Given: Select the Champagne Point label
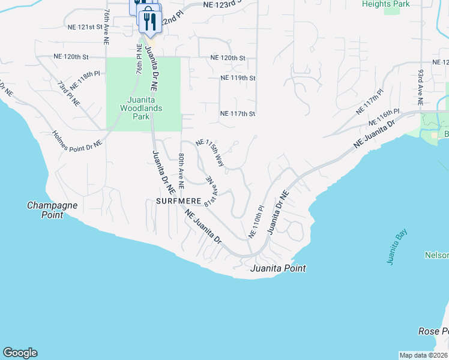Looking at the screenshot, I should tap(45, 210).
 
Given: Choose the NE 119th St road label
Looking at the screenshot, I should tap(238, 78).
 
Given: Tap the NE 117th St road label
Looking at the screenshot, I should tap(238, 113).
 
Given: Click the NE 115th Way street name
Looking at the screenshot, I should tap(210, 153).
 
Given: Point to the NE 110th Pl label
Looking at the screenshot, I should tap(256, 221).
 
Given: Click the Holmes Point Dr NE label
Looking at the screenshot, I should tap(77, 139).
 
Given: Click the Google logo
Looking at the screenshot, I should tap(20, 353).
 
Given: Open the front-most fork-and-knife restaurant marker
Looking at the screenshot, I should tap(149, 22).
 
